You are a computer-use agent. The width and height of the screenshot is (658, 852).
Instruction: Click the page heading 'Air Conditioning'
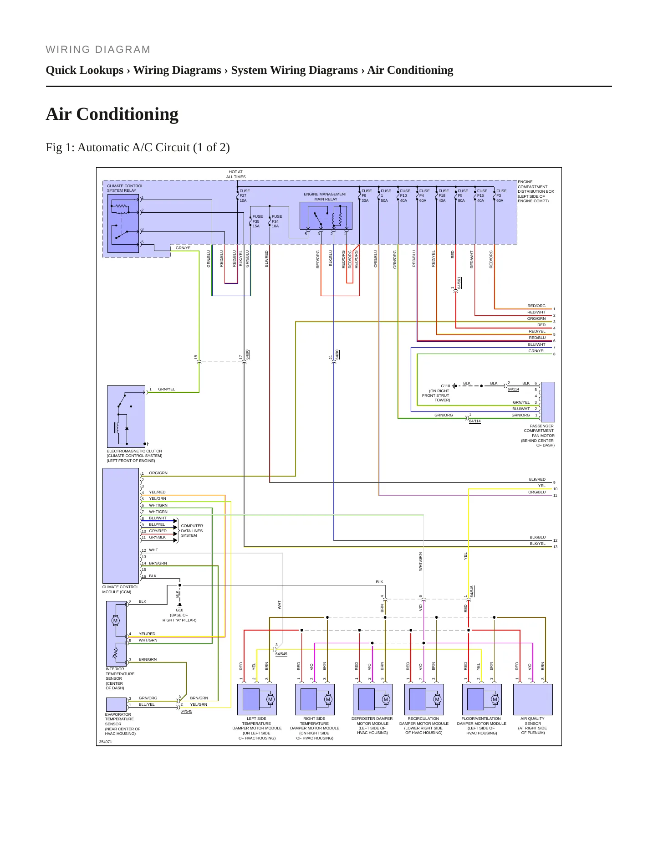click(x=112, y=114)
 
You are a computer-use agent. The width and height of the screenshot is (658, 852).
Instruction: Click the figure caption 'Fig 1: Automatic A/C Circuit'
click(x=117, y=148)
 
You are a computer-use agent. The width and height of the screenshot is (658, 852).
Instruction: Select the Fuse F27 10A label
click(x=245, y=196)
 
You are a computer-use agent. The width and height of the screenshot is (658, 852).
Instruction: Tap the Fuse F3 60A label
click(x=501, y=196)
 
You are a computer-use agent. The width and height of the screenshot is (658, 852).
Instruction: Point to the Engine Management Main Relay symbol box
click(x=326, y=216)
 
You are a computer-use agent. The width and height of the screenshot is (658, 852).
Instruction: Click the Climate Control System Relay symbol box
click(x=123, y=224)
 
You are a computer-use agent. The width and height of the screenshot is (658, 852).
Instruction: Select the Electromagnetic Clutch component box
click(x=126, y=416)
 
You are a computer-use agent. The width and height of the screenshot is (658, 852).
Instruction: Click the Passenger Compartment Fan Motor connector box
click(x=548, y=402)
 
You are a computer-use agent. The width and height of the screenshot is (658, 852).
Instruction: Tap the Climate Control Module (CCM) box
click(x=121, y=526)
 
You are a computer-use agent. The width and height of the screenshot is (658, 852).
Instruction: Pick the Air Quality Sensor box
click(x=533, y=699)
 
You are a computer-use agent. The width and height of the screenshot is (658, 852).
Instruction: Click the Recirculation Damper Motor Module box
click(x=424, y=699)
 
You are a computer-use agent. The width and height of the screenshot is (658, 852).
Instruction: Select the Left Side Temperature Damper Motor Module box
click(x=257, y=699)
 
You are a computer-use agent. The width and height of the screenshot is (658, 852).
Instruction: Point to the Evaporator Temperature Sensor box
click(x=116, y=704)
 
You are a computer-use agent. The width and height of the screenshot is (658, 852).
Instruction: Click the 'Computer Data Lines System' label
click(x=192, y=531)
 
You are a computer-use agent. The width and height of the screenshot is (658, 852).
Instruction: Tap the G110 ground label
click(x=445, y=386)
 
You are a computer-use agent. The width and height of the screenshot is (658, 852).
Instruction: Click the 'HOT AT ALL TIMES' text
click(x=236, y=175)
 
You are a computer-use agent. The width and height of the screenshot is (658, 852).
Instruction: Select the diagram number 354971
click(x=106, y=742)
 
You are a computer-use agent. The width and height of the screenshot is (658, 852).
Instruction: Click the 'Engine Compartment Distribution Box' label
click(x=536, y=191)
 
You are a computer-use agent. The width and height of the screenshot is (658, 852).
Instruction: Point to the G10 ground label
click(x=179, y=610)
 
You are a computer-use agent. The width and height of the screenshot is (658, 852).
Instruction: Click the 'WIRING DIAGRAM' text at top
click(x=98, y=50)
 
